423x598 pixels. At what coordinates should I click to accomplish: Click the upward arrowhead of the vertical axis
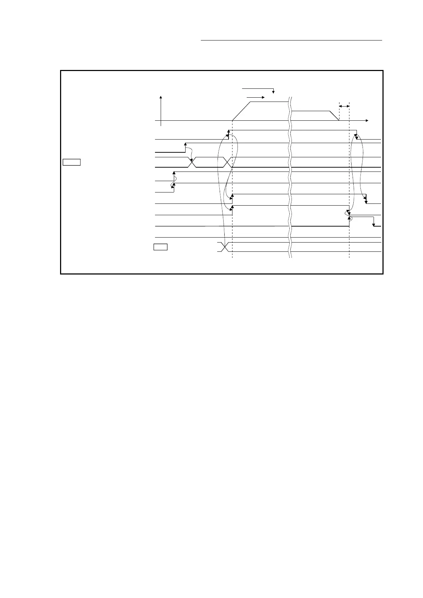[x=161, y=97]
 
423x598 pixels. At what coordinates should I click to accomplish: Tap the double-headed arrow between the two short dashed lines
[x=344, y=106]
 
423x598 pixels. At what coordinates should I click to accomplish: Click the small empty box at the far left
[x=71, y=162]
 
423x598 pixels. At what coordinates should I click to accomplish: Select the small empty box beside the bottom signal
[x=160, y=247]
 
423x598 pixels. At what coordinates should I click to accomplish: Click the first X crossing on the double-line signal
[x=192, y=162]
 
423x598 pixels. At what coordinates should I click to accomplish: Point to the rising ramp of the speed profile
[x=241, y=111]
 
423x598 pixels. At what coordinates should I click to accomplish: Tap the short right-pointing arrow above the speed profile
[x=255, y=97]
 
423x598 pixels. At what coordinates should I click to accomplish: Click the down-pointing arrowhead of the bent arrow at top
[x=273, y=92]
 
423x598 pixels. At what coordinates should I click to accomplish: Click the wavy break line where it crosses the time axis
[x=290, y=121]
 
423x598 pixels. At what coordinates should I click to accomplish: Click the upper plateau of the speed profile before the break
[x=269, y=102]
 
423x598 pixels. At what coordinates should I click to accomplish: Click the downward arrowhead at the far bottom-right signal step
[x=374, y=224]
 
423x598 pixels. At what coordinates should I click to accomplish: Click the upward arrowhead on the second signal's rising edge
[x=185, y=145]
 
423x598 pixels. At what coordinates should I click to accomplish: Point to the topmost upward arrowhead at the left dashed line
[x=228, y=132]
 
